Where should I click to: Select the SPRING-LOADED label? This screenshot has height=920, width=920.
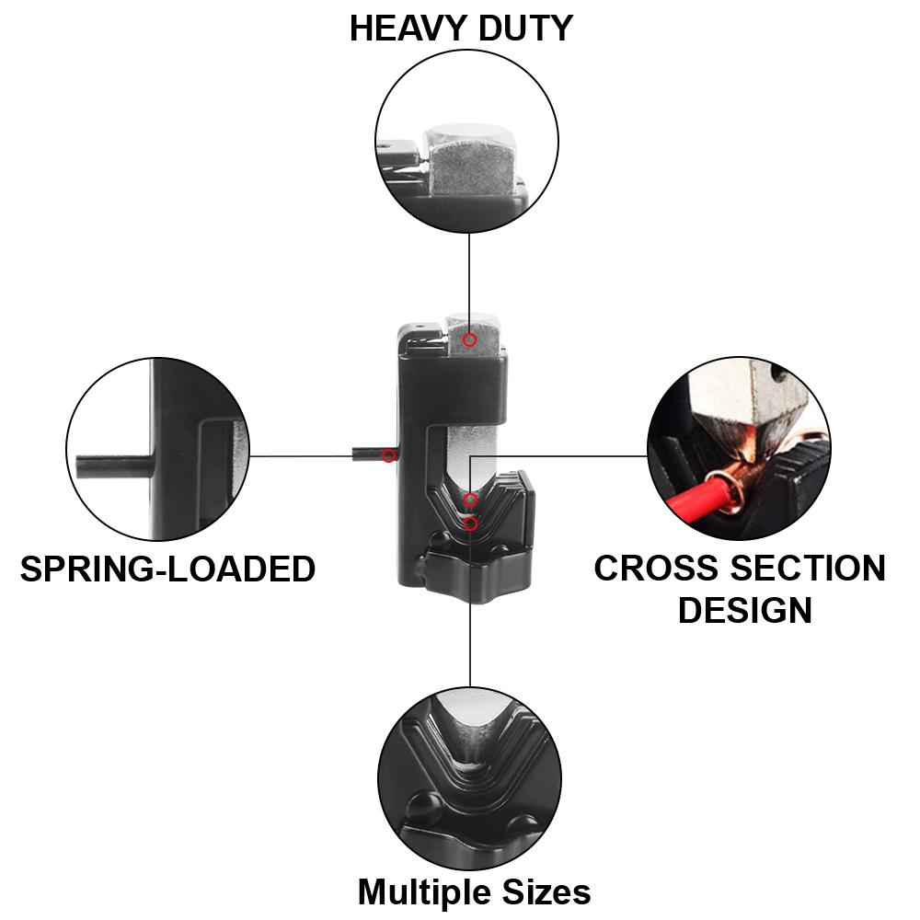point(167,569)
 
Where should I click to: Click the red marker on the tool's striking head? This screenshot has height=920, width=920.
point(469,340)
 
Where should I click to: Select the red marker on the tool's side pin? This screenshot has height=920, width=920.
point(389,455)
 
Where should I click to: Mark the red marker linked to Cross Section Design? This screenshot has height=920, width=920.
point(470,500)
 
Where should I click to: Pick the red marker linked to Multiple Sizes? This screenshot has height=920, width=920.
point(471,523)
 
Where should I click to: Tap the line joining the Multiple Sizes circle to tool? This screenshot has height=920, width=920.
point(470,644)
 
